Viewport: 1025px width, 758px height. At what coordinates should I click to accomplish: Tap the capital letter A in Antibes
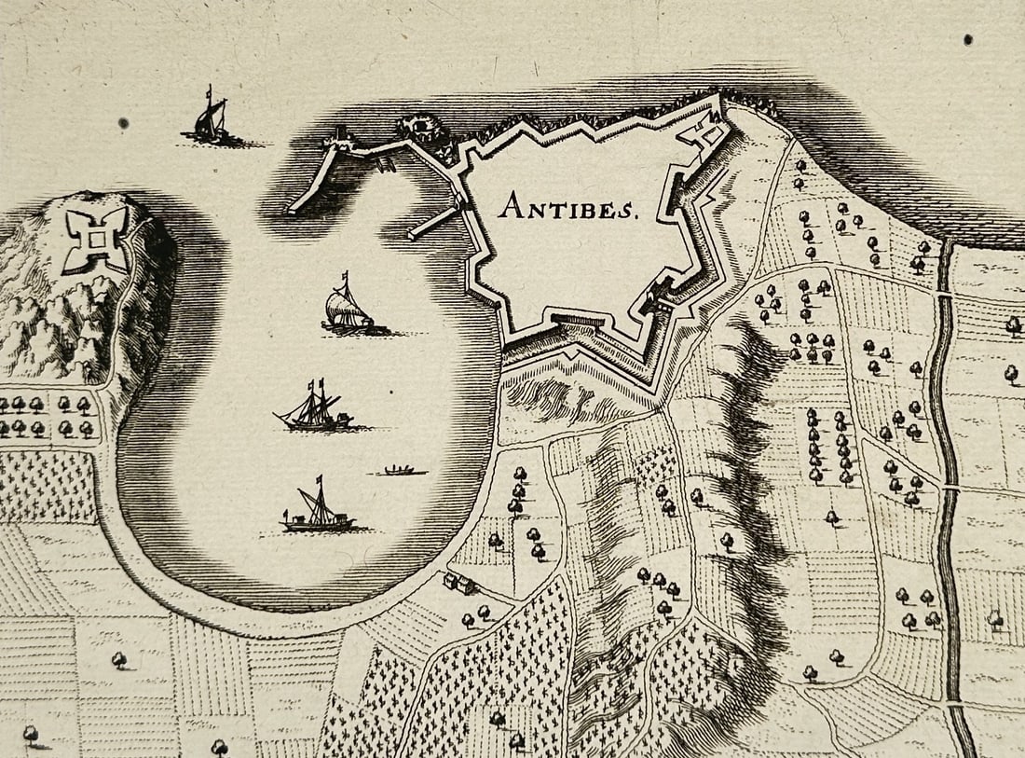tap(509, 205)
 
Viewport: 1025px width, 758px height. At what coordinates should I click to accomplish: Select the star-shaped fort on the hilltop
tap(95, 240)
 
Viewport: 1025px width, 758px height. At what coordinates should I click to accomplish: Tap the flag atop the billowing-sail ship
tap(347, 277)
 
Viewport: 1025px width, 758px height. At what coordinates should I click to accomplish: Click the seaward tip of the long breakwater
tap(292, 210)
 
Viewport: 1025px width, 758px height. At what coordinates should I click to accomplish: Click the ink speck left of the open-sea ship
tap(124, 122)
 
